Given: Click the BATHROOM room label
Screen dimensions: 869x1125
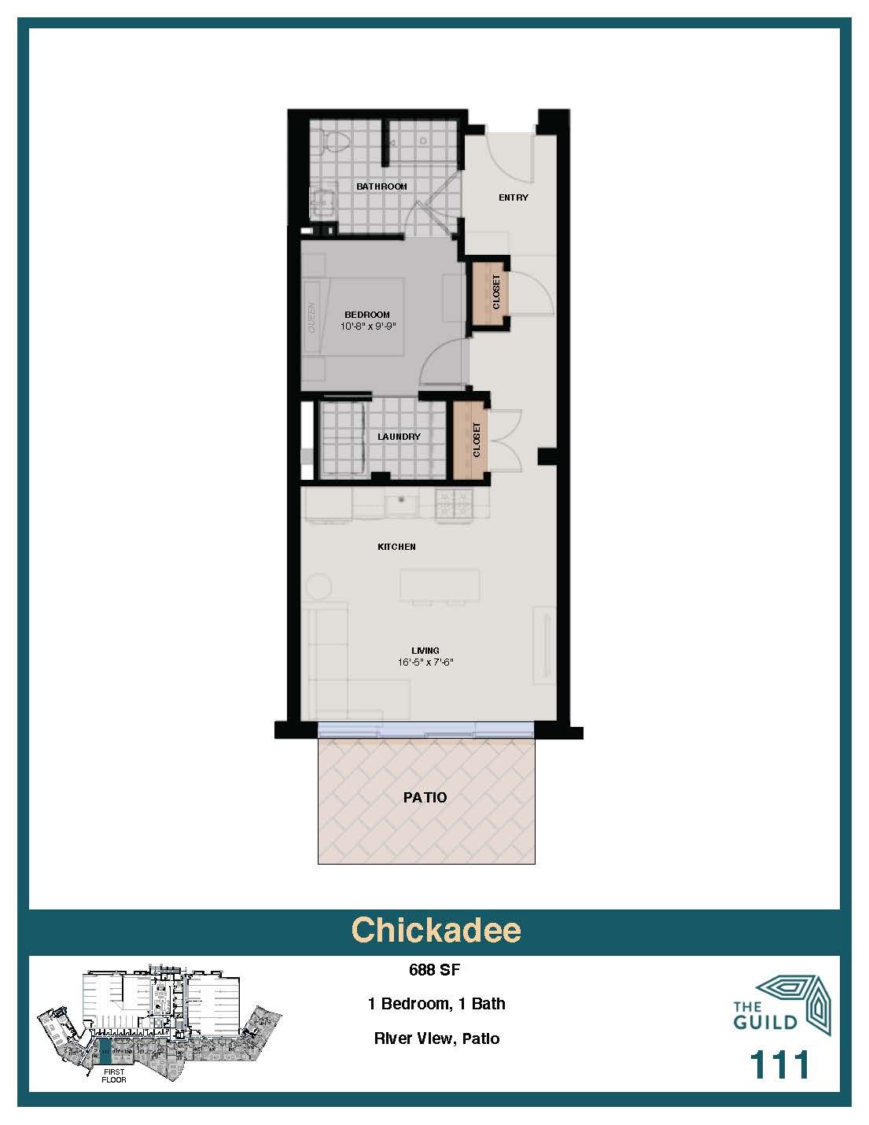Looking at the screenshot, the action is [381, 186].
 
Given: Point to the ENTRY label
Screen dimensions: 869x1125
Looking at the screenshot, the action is [513, 197].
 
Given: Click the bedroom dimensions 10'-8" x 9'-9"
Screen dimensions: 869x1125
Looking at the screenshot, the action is [368, 326].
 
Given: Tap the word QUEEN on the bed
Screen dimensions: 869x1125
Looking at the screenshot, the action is [311, 317].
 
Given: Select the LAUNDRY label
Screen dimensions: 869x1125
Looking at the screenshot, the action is [399, 437].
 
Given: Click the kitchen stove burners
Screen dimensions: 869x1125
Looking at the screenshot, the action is [455, 503].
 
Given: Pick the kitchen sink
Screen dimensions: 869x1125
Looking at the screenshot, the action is [402, 502].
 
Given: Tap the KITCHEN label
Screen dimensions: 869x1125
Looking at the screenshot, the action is [396, 547].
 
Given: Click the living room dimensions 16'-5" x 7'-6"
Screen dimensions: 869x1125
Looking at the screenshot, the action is [425, 662].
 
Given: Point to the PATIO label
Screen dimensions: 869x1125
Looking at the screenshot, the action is [425, 797].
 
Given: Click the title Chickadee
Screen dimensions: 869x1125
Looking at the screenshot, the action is [436, 930].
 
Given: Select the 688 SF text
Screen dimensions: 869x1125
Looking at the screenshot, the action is [434, 970].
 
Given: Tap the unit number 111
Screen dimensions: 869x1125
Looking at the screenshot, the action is [779, 1065].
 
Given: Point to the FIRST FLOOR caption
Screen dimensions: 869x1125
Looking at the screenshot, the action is [113, 1075].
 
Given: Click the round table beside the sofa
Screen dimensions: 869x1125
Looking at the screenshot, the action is [318, 587].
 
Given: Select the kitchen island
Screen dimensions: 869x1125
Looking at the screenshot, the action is [440, 585].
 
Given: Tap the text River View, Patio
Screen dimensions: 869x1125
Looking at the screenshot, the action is [436, 1038].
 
